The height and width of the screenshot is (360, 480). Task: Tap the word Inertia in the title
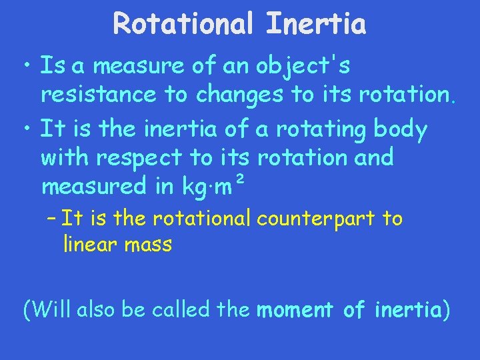(316, 25)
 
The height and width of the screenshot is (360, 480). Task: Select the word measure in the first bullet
(139, 66)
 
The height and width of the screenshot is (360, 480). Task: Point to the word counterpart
(316, 219)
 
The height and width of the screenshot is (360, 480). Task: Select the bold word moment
(295, 310)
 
